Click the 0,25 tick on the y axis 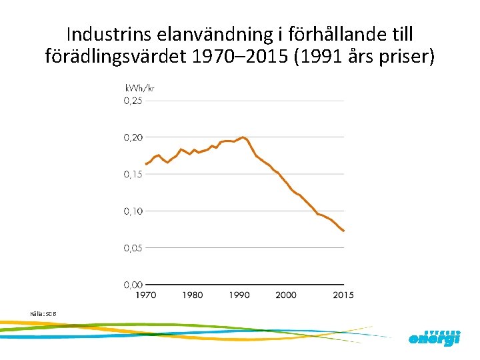tap(132, 101)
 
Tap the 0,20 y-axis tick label tap(132, 137)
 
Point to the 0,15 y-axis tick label tap(132, 174)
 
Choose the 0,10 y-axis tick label tap(132, 211)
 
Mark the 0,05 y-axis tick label tap(132, 247)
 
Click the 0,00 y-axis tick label tap(132, 285)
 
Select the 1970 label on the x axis tap(147, 295)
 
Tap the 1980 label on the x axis tap(193, 295)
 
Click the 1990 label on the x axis tap(239, 295)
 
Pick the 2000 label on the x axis tap(286, 295)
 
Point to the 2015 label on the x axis tap(343, 295)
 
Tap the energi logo tap(434, 338)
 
